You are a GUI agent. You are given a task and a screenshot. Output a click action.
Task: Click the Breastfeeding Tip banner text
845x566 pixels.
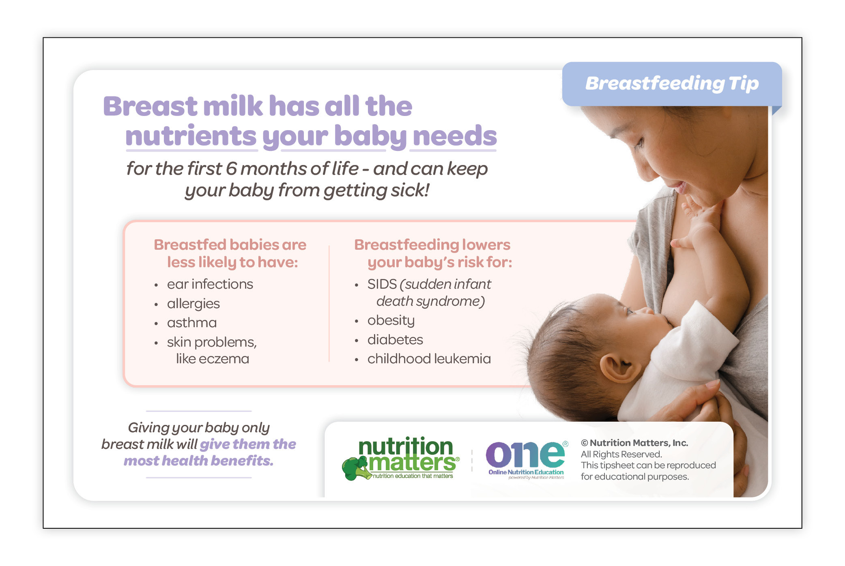(x=672, y=84)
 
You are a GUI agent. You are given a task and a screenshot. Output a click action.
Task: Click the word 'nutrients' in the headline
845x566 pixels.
(x=191, y=136)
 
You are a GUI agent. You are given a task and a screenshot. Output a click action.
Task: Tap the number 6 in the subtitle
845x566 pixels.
(x=231, y=169)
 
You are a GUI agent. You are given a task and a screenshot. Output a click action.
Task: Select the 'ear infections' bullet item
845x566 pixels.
(x=210, y=284)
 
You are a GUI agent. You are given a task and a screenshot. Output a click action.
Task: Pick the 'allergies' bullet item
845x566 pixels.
(x=193, y=304)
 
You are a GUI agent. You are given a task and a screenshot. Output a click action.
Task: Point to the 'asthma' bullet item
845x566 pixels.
(x=191, y=323)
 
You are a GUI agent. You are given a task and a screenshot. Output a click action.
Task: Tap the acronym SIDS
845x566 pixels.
(x=382, y=284)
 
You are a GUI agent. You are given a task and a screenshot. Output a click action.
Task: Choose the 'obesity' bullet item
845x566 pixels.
(x=391, y=321)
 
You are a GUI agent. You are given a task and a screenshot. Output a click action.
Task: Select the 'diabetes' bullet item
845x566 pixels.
(x=395, y=340)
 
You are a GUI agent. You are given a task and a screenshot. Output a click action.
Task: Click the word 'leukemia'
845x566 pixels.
(x=462, y=359)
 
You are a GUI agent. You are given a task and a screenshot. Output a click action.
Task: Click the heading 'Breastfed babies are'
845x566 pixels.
(x=230, y=245)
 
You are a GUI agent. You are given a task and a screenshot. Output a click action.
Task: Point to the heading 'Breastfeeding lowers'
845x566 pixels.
(x=432, y=245)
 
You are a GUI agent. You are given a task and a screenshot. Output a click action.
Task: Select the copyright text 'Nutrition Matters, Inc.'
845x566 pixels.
(x=639, y=443)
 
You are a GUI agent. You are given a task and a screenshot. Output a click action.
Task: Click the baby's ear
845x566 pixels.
(x=618, y=369)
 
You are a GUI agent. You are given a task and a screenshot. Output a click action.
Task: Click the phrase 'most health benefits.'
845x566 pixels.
(x=198, y=461)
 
